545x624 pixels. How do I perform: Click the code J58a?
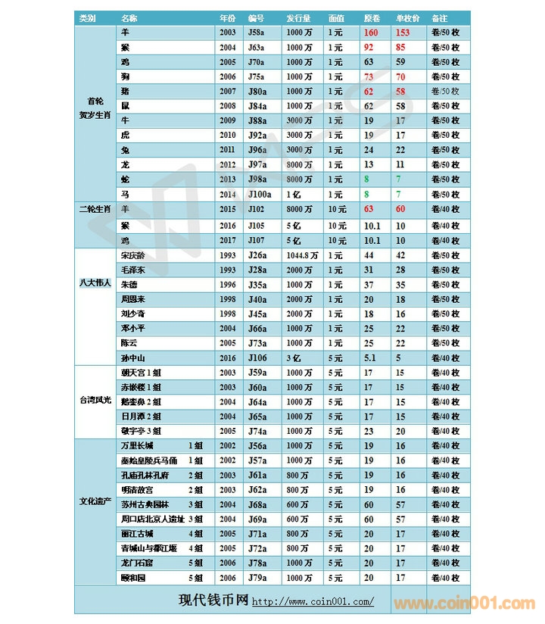pyautogui.click(x=256, y=33)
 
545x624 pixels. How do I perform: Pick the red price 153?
pyautogui.click(x=402, y=33)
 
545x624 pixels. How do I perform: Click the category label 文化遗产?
pyautogui.click(x=95, y=502)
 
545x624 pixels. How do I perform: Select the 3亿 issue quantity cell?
pyautogui.click(x=293, y=357)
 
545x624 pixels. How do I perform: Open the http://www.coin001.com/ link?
pyautogui.click(x=313, y=602)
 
